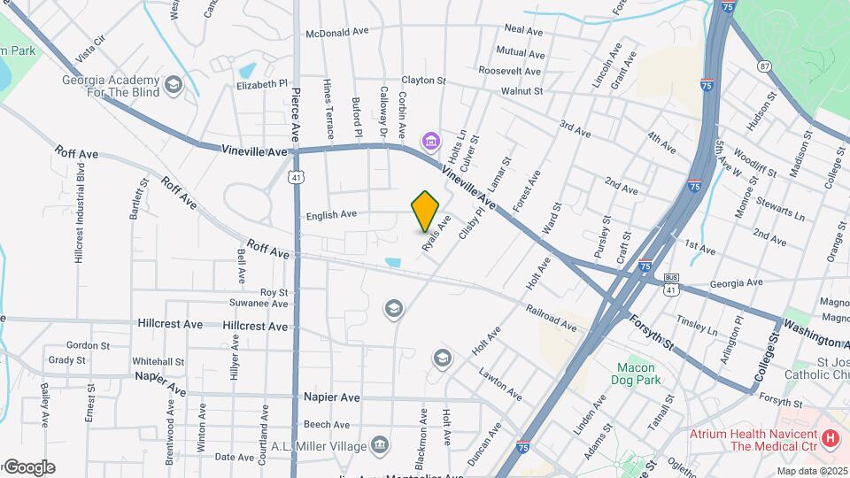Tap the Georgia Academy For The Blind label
(111, 85)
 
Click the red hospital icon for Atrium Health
(830, 437)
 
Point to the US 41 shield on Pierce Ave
(294, 178)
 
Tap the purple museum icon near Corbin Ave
(431, 140)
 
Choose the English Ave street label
(331, 214)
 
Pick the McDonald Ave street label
(336, 32)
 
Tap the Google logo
(28, 467)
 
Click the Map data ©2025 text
(811, 470)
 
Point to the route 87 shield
(764, 67)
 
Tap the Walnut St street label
(521, 91)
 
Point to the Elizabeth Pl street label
(262, 85)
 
